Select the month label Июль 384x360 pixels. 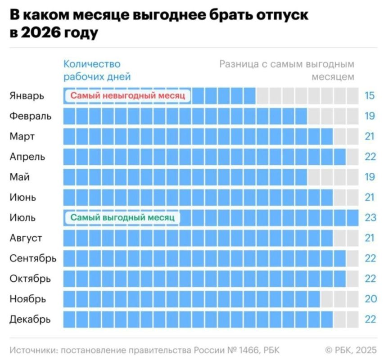click(x=23, y=218)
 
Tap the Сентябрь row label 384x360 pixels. click(x=33, y=259)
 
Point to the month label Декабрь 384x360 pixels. click(x=30, y=319)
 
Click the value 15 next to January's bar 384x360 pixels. click(x=370, y=96)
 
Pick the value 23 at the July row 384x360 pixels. click(x=370, y=218)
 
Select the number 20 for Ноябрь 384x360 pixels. click(x=370, y=299)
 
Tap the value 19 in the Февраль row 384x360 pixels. click(x=370, y=116)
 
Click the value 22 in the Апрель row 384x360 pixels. click(x=370, y=157)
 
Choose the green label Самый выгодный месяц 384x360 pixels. click(x=122, y=218)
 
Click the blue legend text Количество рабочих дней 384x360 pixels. click(x=97, y=70)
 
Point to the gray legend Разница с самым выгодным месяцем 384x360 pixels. click(x=287, y=70)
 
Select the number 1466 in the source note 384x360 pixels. click(x=247, y=350)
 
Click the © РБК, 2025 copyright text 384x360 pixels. click(x=350, y=350)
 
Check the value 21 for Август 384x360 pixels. click(x=370, y=238)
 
